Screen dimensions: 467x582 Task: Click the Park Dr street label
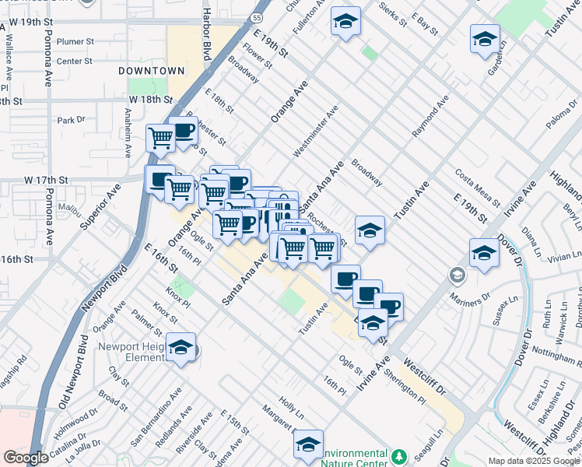[x=70, y=120]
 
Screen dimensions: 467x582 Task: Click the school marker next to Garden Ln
[x=484, y=39]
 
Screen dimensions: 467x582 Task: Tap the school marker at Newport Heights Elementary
[x=181, y=347]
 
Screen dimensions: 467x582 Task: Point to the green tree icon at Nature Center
[x=399, y=455]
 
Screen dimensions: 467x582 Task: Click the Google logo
[x=26, y=458]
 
